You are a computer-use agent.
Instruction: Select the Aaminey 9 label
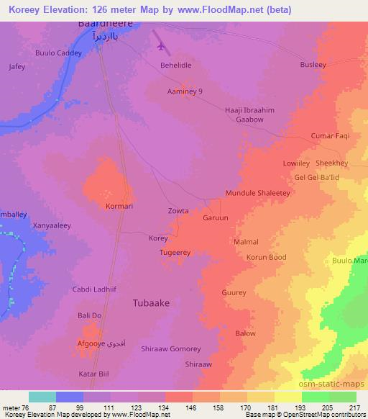pyautogui.click(x=185, y=91)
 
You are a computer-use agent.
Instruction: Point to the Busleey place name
pyautogui.click(x=313, y=64)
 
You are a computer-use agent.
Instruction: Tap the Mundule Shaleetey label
pyautogui.click(x=257, y=194)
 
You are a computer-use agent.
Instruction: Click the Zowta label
pyautogui.click(x=178, y=211)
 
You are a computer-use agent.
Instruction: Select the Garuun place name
pyautogui.click(x=216, y=217)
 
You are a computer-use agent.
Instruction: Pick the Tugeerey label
pyautogui.click(x=175, y=253)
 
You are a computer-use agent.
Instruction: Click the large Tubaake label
pyautogui.click(x=152, y=303)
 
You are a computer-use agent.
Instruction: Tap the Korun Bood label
pyautogui.click(x=266, y=257)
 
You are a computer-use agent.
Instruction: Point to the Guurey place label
pyautogui.click(x=234, y=293)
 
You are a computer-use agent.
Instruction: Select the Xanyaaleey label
pyautogui.click(x=52, y=225)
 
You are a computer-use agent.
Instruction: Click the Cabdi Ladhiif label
pyautogui.click(x=91, y=289)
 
